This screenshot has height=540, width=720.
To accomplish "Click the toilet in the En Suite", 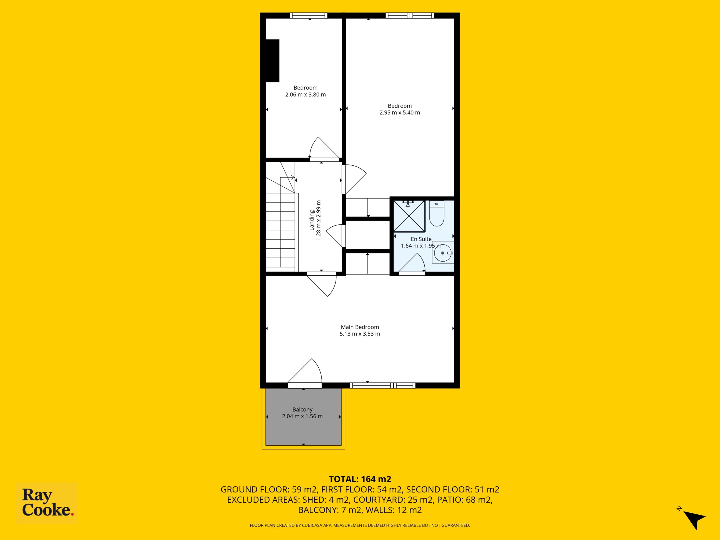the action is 436,213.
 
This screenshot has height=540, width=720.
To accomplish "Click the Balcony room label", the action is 302,409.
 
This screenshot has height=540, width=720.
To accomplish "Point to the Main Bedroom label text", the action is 360,327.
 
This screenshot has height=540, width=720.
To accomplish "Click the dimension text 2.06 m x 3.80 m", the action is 305,95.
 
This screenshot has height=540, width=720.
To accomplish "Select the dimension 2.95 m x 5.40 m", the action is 400,112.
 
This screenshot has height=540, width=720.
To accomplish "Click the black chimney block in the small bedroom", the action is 273,61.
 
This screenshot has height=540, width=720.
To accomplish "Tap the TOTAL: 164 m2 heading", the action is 360,479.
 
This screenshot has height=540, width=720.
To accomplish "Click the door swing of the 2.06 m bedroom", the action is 324,148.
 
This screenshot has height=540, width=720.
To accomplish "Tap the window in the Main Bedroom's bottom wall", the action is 383,385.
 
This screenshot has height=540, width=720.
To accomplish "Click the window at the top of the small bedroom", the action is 309,15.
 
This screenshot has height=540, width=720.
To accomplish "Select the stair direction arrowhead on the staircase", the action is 292,177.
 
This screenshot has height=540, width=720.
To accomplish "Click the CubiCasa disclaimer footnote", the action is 360,525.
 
